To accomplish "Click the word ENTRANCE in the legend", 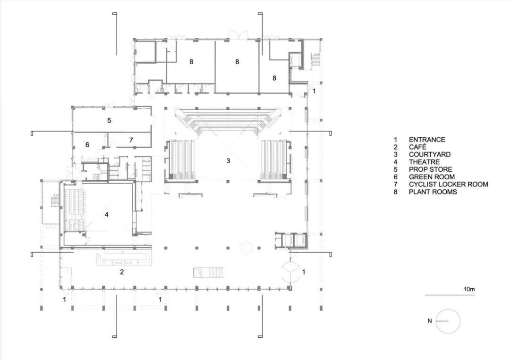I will click(426, 140).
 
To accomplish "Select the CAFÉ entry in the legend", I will click(418, 147).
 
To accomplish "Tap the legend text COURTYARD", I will click(429, 155).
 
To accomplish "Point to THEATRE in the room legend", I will click(424, 162).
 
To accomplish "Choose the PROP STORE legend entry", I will click(430, 169).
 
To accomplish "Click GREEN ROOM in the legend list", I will click(432, 177).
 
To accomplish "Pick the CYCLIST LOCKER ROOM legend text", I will click(448, 184).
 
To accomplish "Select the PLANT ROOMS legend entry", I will click(433, 192).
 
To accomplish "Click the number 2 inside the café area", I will click(122, 272).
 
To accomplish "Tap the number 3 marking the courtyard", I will click(228, 161).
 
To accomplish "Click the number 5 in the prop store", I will click(109, 121).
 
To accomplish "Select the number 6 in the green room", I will click(88, 145).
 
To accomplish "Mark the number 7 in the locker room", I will click(131, 140).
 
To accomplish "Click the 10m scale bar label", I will click(469, 289).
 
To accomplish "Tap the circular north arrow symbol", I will click(448, 321).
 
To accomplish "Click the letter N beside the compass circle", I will click(430, 321).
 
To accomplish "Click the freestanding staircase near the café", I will click(208, 272).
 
